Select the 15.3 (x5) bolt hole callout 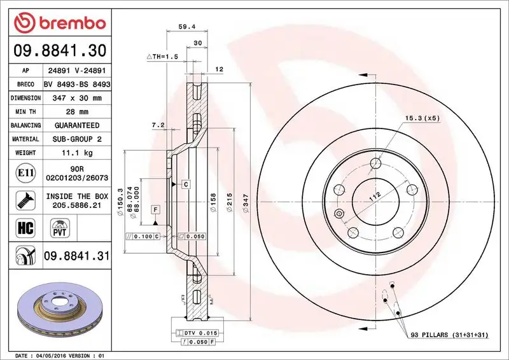tap(422, 118)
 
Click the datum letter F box tap(155, 209)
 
